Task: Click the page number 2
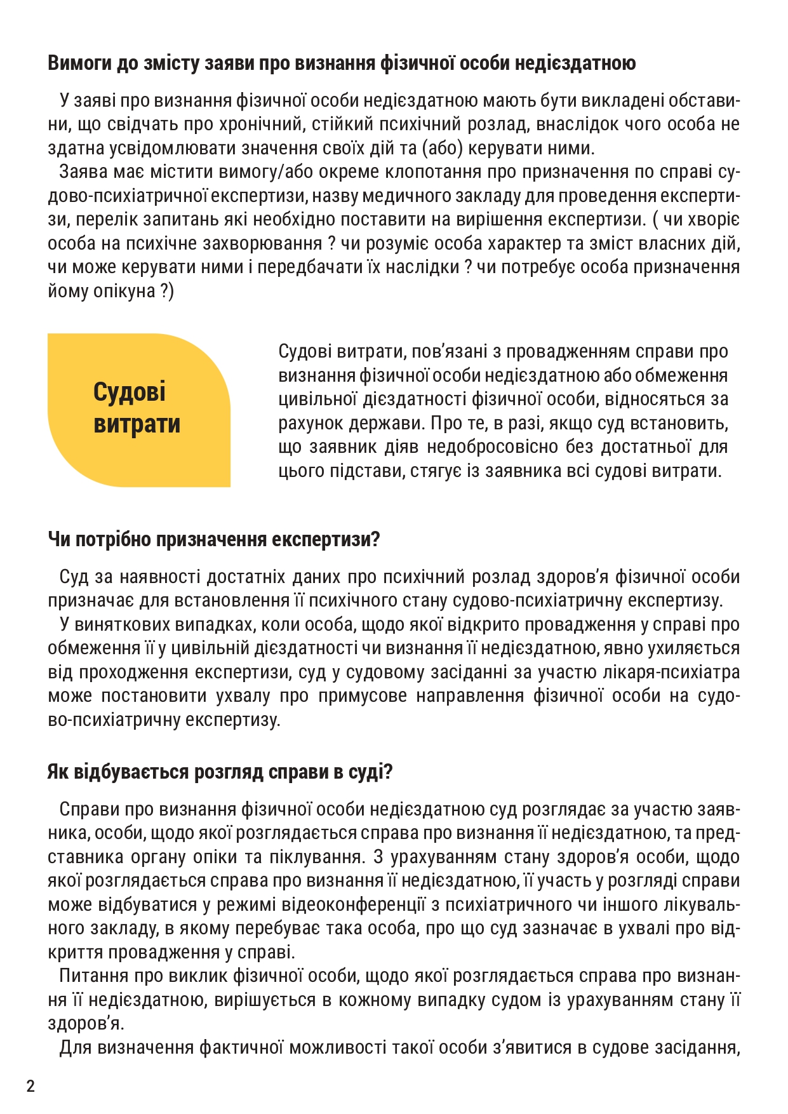coord(30,1085)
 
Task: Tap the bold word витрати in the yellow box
coord(137,424)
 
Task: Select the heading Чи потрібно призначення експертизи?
coord(213,539)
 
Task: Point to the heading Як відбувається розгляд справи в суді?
coord(220,772)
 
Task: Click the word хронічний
coord(262,124)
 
